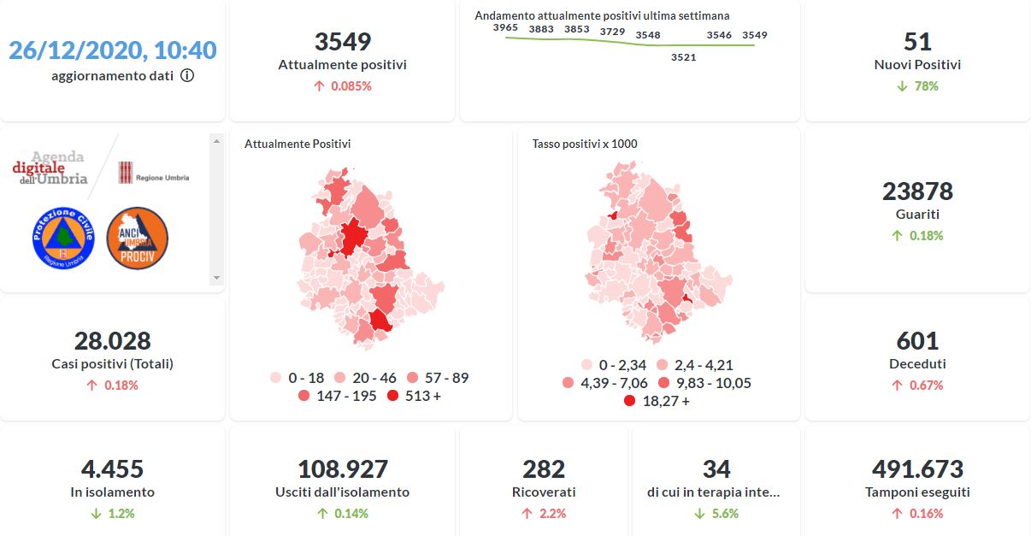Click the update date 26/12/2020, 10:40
click(113, 50)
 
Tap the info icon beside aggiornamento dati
click(187, 75)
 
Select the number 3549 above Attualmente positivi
click(342, 42)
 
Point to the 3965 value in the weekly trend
click(506, 28)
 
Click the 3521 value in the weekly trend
click(683, 57)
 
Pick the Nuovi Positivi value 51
click(917, 42)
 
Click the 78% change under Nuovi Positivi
click(917, 86)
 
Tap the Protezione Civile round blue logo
click(62, 239)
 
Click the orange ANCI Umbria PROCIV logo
click(138, 239)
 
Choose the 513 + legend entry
click(415, 396)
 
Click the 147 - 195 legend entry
click(337, 396)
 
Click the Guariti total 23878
click(917, 191)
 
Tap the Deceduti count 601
click(917, 341)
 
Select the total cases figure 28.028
click(113, 341)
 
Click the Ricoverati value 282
click(544, 469)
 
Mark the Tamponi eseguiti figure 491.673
click(917, 469)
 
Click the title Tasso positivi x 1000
click(585, 144)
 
